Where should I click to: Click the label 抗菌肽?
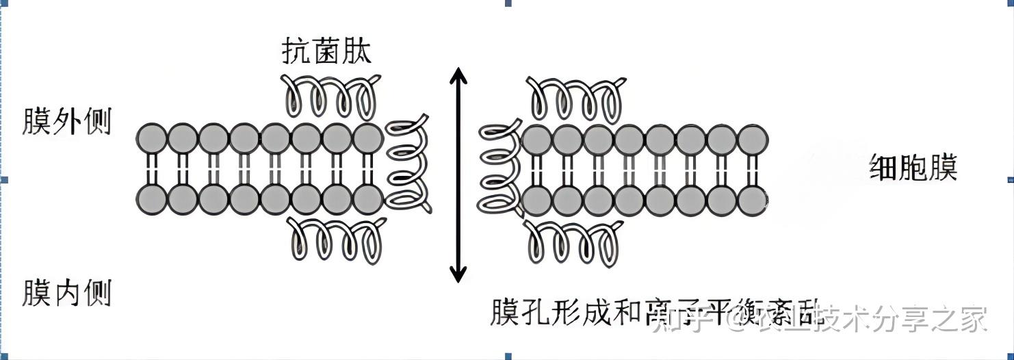click(x=326, y=50)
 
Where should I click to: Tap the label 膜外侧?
click(x=66, y=122)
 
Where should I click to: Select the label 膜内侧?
click(x=66, y=292)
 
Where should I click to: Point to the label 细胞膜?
click(x=913, y=167)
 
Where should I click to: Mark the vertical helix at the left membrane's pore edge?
click(x=408, y=166)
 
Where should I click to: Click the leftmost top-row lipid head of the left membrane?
click(x=152, y=138)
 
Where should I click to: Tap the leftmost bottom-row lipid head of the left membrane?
click(x=152, y=198)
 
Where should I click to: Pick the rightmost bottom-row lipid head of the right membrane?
click(x=752, y=200)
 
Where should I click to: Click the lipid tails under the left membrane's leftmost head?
click(x=152, y=168)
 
